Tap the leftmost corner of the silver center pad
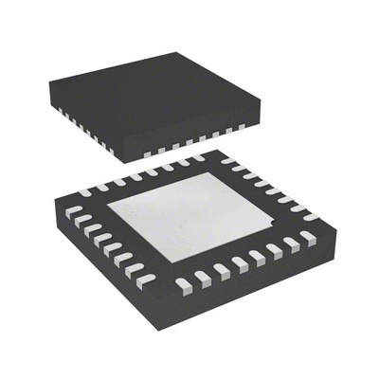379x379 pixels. point(107,207)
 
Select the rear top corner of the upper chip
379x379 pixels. point(169,46)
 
